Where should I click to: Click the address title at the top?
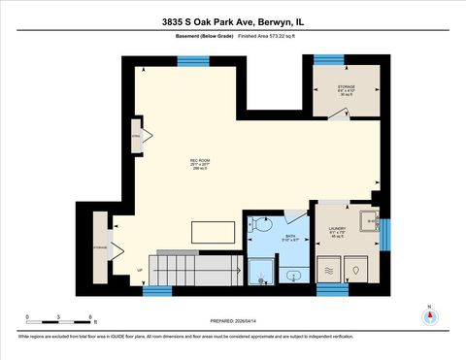232,20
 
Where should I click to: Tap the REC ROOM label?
200,163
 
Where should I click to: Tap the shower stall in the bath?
260,270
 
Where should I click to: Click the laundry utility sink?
369,222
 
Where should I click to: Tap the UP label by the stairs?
140,270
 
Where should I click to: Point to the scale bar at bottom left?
58,320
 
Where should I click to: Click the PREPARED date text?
233,321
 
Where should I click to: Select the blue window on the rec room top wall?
193,60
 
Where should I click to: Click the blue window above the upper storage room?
328,60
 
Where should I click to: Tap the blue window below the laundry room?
332,288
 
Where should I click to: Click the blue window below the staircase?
157,289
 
